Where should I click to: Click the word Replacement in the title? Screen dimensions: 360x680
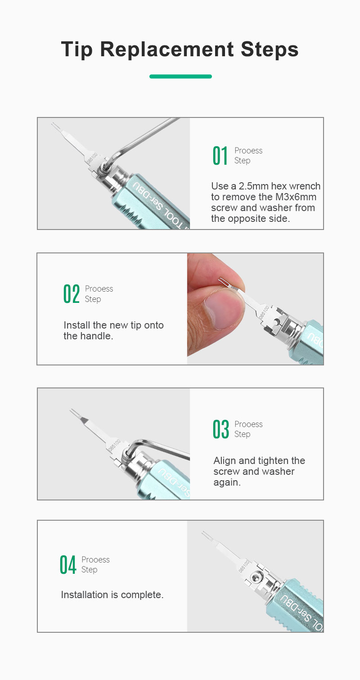tap(167, 49)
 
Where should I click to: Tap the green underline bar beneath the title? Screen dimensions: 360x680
tap(180, 77)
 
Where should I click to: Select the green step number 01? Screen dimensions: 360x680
tap(220, 156)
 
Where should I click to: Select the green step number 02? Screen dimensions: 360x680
tap(72, 294)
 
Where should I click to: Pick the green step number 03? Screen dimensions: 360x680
tap(220, 429)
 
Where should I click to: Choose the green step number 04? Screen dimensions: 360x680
tap(67, 565)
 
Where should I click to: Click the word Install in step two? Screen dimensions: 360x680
tap(77, 325)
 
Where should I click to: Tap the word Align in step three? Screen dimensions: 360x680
tap(225, 461)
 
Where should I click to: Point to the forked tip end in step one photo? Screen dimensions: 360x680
tap(54, 126)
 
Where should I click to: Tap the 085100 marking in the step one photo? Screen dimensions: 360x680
tap(92, 158)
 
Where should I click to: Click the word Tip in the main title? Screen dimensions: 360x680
tap(77, 50)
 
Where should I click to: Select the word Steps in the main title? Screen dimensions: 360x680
tap(270, 50)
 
